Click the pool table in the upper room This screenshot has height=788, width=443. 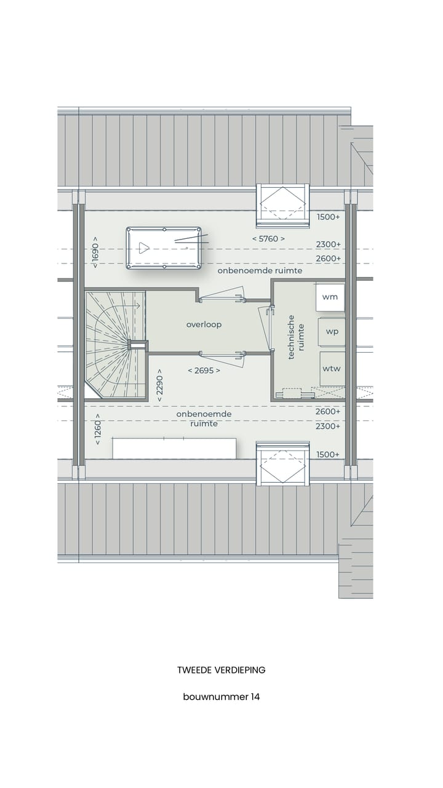[164, 248]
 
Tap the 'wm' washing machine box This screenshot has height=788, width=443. [330, 297]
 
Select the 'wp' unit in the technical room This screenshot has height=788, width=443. [332, 331]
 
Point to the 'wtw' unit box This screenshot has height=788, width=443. [332, 368]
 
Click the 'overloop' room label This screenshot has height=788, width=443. [204, 324]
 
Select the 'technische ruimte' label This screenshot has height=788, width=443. [296, 337]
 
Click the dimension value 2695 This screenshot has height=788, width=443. [204, 371]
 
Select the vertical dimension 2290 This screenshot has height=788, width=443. [159, 388]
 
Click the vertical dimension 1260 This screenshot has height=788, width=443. [97, 430]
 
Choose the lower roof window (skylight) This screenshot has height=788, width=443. [282, 463]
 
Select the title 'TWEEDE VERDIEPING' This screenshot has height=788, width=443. [221, 670]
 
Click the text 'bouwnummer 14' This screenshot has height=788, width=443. [221, 697]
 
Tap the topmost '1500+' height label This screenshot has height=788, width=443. [328, 217]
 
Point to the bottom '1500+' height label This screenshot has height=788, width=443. [328, 454]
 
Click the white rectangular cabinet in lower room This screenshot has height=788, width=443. [174, 448]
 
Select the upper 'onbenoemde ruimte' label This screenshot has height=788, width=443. [259, 271]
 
